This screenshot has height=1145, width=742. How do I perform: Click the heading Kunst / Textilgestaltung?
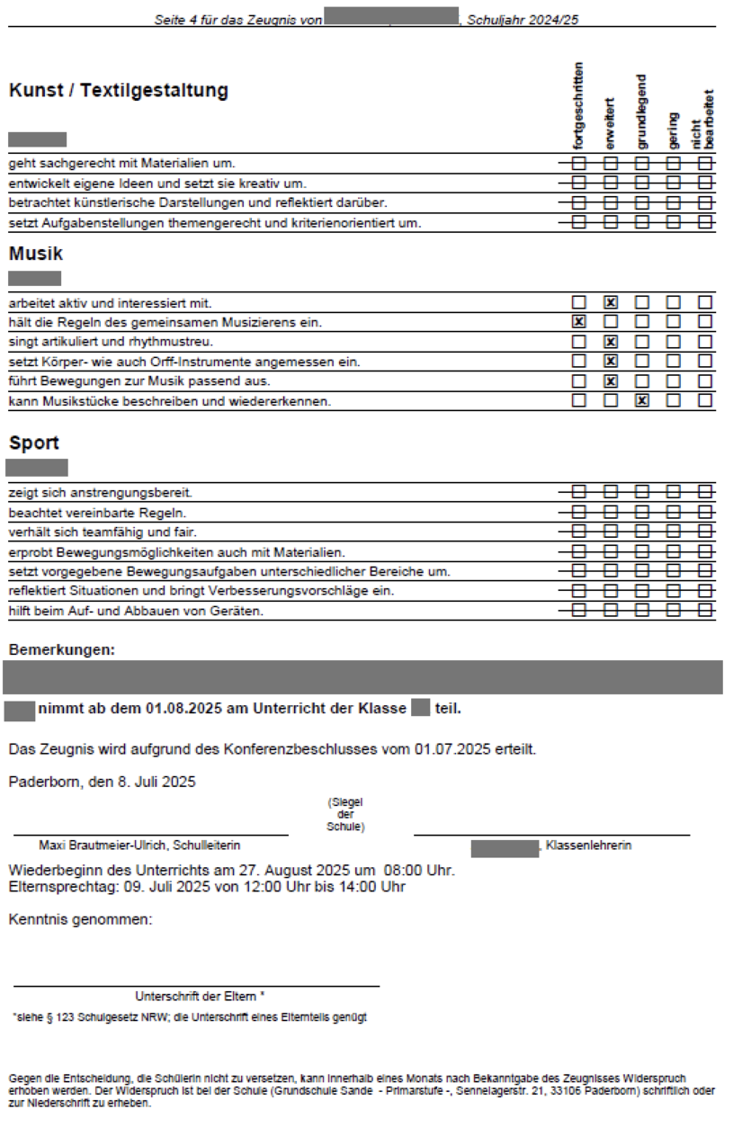tap(118, 91)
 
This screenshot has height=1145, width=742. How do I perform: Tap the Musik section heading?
tap(36, 254)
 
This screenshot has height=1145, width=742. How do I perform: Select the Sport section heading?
tap(34, 443)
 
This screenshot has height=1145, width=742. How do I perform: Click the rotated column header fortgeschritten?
tap(579, 106)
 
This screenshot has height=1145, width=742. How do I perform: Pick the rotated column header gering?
tap(673, 130)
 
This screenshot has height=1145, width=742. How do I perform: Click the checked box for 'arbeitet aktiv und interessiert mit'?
tap(611, 302)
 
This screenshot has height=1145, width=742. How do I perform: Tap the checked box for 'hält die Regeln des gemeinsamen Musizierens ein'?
tap(579, 321)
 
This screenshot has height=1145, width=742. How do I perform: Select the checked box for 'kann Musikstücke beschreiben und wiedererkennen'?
tap(642, 400)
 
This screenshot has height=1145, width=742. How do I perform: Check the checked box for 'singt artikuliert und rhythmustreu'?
tap(611, 342)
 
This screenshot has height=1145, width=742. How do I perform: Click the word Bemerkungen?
tap(61, 649)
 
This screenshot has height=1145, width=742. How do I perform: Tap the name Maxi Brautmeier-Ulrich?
tap(103, 845)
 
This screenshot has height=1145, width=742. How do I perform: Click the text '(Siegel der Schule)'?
tap(345, 814)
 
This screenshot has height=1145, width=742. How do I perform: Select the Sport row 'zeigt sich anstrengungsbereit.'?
tap(101, 493)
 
